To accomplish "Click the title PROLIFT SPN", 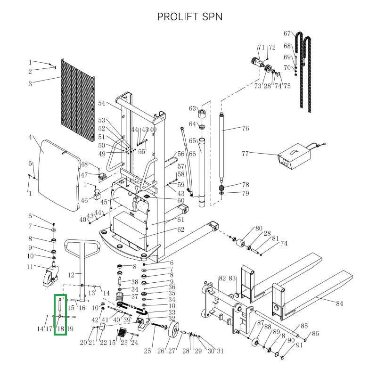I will click(190, 16).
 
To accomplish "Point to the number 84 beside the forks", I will click(339, 303).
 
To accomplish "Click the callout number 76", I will click(245, 128).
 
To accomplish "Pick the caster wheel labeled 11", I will click(49, 276).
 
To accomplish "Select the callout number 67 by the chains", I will click(287, 33).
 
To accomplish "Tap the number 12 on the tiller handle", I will click(72, 275).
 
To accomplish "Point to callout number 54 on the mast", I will click(102, 103).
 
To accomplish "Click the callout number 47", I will click(84, 175).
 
